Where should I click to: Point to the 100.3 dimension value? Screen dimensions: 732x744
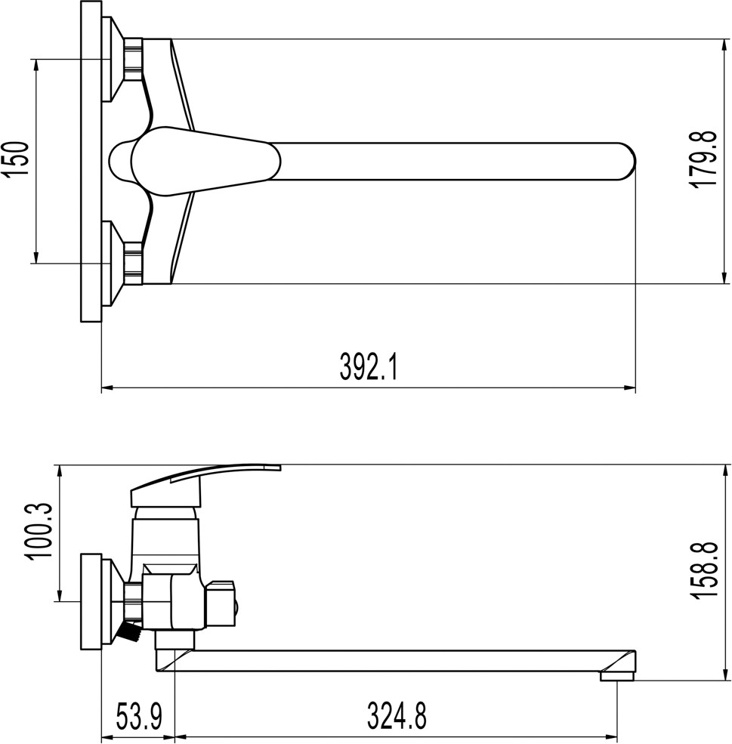(40, 532)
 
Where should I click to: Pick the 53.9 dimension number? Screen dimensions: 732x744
(139, 717)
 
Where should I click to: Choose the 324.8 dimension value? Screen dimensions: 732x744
(397, 717)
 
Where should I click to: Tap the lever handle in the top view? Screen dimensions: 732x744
(205, 161)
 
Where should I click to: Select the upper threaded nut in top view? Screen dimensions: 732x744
(133, 58)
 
